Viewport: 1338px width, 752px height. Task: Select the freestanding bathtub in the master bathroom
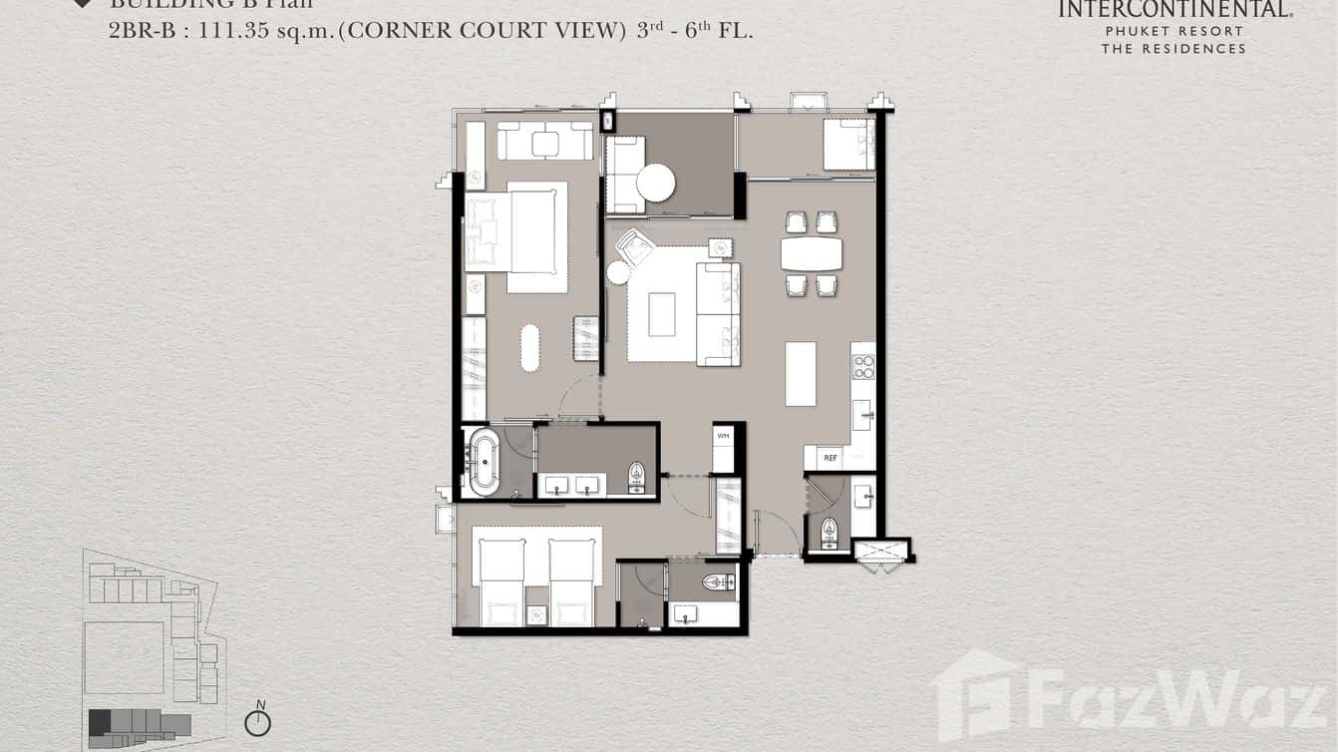tap(484, 460)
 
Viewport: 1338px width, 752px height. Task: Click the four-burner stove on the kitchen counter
tap(863, 366)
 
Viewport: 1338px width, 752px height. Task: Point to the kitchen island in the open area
tap(800, 374)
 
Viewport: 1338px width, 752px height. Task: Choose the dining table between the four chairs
tap(811, 253)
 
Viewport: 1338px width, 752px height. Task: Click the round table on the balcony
tap(656, 183)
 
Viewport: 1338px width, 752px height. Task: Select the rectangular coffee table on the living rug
tap(661, 314)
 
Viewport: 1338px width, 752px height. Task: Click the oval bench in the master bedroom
tap(529, 347)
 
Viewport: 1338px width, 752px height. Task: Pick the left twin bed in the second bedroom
tap(502, 581)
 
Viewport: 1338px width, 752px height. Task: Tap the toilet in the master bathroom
tap(637, 477)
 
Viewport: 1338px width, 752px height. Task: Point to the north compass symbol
tap(258, 721)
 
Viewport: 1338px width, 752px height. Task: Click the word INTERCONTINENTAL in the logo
tap(1173, 10)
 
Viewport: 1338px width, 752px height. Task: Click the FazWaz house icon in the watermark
tap(974, 694)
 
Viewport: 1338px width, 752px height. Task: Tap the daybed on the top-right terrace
tap(848, 146)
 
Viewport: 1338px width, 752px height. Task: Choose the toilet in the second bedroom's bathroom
tap(718, 581)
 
